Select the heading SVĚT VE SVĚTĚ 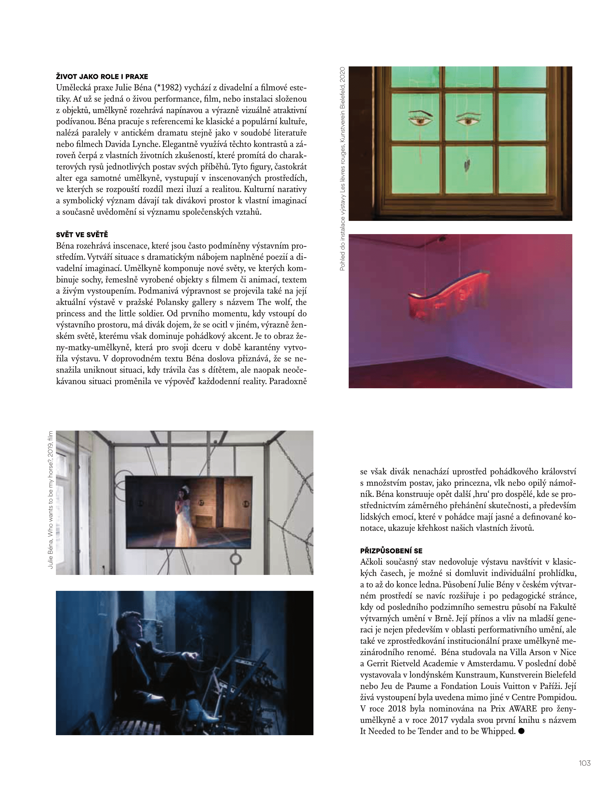(x=82, y=234)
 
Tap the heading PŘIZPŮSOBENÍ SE (x=391, y=551)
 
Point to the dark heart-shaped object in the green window (x=467, y=165)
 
